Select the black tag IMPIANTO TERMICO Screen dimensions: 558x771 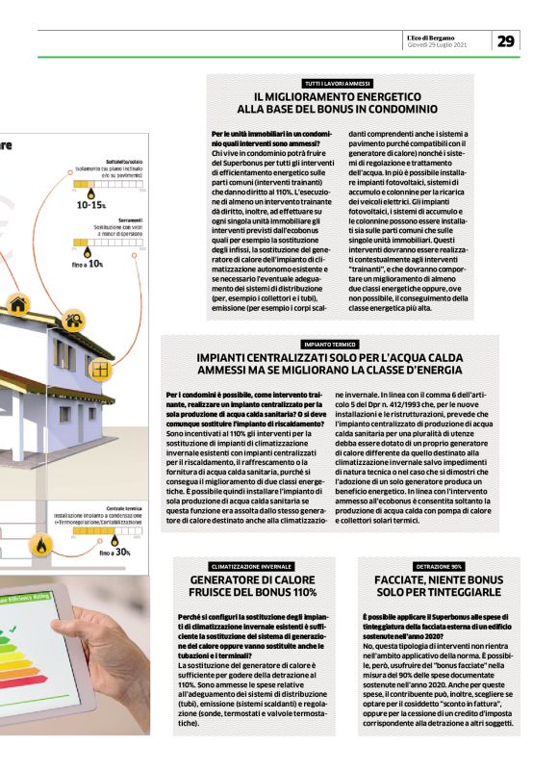pos(330,344)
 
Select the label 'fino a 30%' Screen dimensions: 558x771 pos(114,553)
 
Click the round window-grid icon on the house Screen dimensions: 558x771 pos(98,369)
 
